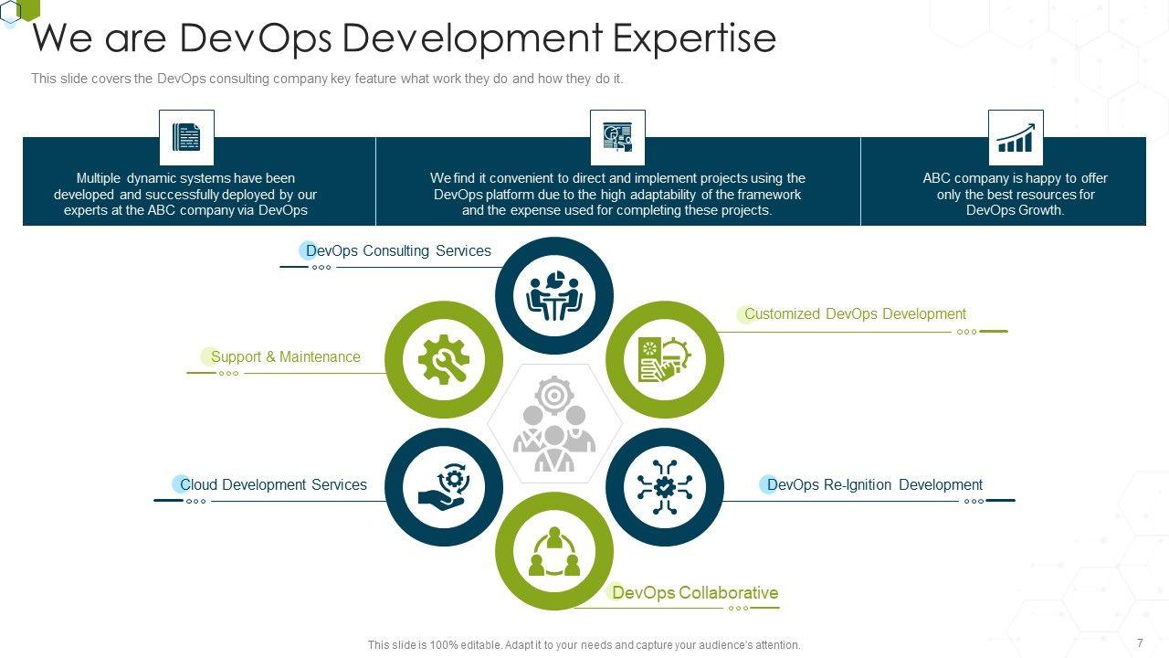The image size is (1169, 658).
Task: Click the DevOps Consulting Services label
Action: (x=398, y=251)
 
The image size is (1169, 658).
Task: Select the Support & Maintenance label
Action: (x=286, y=357)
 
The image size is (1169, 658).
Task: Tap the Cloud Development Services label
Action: (x=273, y=485)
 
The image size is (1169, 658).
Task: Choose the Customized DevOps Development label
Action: (x=855, y=314)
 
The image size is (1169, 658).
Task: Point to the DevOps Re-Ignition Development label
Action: (x=875, y=485)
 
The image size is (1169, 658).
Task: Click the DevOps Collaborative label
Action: (x=695, y=593)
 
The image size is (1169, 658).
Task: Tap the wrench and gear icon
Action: (x=444, y=359)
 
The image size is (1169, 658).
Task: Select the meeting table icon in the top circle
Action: (x=554, y=296)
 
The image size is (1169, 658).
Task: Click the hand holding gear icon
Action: (x=444, y=487)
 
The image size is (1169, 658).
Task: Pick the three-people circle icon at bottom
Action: (x=554, y=551)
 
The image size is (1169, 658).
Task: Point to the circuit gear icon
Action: (x=665, y=487)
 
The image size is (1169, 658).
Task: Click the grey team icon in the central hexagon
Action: (x=554, y=423)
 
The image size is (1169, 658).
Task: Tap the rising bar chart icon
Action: (x=1016, y=138)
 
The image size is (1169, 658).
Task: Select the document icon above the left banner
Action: (x=186, y=138)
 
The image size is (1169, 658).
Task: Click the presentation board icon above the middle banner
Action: (x=617, y=138)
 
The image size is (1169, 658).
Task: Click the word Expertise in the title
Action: (x=694, y=38)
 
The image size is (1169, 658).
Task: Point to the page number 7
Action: (x=1140, y=643)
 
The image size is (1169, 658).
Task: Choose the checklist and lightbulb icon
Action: (x=665, y=359)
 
